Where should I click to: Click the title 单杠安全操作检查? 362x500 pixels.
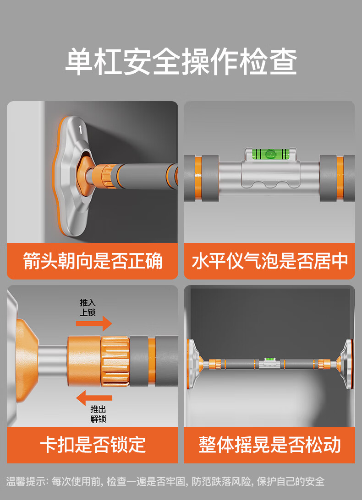click(181, 62)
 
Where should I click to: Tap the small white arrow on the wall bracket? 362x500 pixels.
click(81, 129)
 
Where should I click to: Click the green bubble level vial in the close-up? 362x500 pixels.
click(270, 154)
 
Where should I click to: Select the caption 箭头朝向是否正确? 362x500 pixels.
click(93, 261)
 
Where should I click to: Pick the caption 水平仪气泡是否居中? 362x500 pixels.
click(269, 261)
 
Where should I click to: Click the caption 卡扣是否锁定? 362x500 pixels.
click(93, 445)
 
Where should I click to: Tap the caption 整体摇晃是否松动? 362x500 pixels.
click(269, 445)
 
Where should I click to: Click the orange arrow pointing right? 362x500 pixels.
click(94, 323)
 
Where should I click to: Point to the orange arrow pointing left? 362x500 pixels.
click(94, 398)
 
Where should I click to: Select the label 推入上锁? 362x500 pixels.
click(88, 307)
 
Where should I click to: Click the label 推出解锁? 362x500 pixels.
click(98, 414)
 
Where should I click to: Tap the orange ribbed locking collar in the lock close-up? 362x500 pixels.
click(115, 361)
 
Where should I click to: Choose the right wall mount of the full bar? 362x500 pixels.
click(346, 364)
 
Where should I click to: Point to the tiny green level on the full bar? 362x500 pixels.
click(270, 359)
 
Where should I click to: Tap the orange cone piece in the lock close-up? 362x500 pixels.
click(27, 360)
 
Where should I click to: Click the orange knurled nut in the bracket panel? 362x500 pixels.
click(106, 175)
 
